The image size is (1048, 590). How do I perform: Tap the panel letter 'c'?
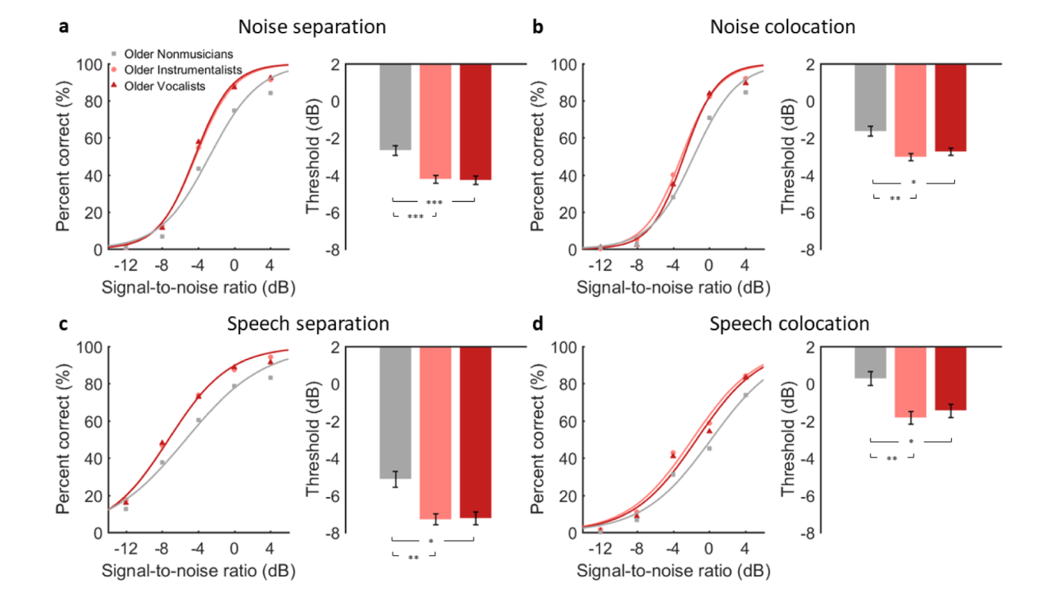coord(63,324)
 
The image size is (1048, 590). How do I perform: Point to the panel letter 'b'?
coord(538,27)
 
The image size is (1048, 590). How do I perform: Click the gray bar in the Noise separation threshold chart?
coord(395,106)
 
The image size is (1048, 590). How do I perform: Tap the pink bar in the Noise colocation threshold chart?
coord(911,110)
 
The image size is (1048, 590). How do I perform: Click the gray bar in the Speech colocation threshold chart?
coord(870,362)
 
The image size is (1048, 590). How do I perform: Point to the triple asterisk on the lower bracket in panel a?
coord(414,217)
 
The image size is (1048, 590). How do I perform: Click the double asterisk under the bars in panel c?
coord(413,558)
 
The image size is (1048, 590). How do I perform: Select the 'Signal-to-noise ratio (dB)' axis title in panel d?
coord(673,570)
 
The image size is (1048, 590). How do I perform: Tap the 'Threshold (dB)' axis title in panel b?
coord(787,156)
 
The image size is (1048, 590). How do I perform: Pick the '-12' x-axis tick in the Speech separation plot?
coord(125,548)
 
